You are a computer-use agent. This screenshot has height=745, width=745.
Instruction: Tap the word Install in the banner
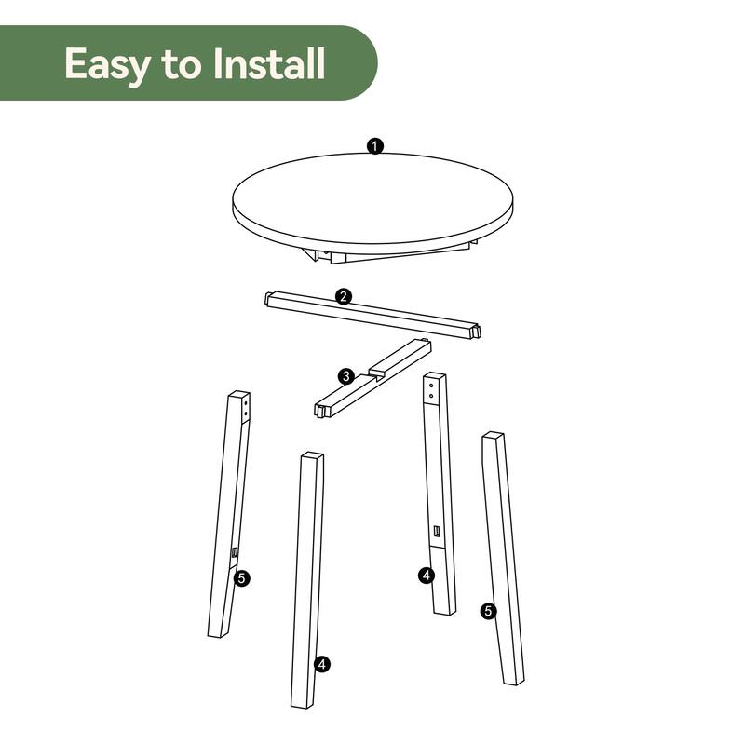[x=270, y=63]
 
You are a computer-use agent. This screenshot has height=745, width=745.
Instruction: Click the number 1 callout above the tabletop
[x=374, y=146]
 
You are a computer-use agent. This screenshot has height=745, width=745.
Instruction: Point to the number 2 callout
[x=344, y=297]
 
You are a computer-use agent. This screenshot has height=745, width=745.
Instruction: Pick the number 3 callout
[x=345, y=376]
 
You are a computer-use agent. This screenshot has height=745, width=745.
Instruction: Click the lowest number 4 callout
[x=321, y=664]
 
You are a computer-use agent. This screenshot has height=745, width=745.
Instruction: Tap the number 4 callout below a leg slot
[x=426, y=576]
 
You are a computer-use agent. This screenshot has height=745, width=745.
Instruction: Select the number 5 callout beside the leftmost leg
[x=242, y=578]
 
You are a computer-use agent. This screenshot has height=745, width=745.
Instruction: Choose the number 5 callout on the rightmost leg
[x=488, y=611]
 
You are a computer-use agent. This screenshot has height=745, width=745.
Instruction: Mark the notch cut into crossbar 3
[x=377, y=373]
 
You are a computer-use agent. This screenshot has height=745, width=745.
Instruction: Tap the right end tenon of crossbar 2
[x=476, y=331]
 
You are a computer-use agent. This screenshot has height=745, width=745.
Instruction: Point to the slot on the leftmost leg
[x=235, y=553]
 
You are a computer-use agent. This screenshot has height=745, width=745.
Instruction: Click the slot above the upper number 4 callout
[x=435, y=532]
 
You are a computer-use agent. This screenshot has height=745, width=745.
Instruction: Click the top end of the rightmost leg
[x=494, y=436]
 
